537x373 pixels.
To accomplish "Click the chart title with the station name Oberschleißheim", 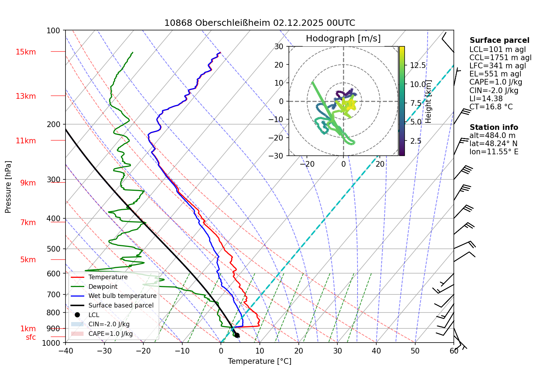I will [259, 23].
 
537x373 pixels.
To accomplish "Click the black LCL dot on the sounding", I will [237, 335].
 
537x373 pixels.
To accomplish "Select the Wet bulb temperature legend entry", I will [122, 296].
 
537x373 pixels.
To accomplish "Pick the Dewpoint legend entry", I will [103, 287].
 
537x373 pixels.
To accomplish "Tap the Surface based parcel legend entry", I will [121, 305].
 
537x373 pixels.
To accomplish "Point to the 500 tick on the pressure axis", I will [53, 249].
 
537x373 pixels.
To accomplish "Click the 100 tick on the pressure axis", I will [53, 31].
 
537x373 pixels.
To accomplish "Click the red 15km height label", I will [26, 52].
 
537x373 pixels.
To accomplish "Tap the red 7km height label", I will [28, 223].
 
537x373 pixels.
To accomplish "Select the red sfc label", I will [31, 337].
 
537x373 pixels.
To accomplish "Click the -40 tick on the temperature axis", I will [65, 351].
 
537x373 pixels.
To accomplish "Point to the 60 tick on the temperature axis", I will [454, 351].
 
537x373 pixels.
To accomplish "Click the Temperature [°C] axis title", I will [259, 361].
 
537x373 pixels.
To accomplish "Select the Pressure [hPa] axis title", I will [8, 187].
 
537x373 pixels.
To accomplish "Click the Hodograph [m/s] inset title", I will [343, 39].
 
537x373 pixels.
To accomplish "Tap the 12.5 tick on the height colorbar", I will [418, 65].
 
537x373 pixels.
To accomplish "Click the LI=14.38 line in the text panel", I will [486, 99].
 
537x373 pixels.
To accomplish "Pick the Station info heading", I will [493, 127].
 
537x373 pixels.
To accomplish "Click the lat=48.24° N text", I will [493, 144].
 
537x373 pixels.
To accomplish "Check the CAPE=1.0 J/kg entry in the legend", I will [110, 334].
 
